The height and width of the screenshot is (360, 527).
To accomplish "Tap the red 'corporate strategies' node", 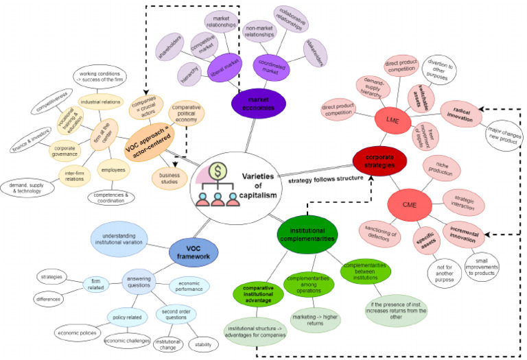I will tap(374, 160).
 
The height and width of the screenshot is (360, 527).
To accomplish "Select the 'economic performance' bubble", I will tap(189, 285).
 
